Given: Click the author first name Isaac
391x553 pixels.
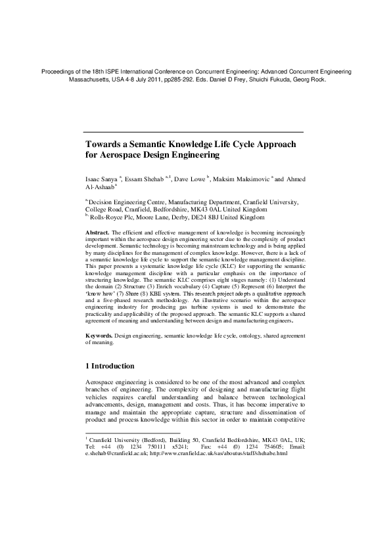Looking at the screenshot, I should pos(94,179).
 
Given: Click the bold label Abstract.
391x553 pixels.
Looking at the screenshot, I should pos(98,232).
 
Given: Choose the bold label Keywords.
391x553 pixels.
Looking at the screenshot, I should pos(99,335).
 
